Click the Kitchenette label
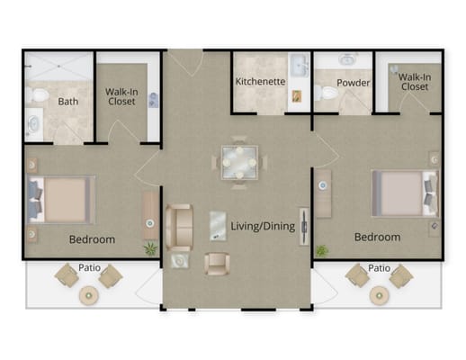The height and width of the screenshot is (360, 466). (x=260, y=81)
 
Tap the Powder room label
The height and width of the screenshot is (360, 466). (x=353, y=83)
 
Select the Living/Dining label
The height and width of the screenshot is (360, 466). (x=263, y=226)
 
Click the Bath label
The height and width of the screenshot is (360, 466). (x=68, y=102)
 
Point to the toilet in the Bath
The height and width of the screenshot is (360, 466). (x=37, y=95)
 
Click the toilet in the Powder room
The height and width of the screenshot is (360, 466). (x=326, y=93)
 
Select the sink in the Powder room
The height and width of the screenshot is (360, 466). (x=348, y=59)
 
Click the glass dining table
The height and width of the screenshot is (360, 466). (x=239, y=163)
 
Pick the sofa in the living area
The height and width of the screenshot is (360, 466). (x=179, y=228)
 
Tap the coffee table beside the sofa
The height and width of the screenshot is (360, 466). (x=218, y=226)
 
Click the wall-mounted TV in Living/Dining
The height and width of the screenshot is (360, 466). (x=304, y=227)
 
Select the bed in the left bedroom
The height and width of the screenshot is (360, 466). (x=62, y=200)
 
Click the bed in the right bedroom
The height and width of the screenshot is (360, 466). (x=405, y=193)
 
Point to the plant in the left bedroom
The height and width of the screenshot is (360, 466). (x=150, y=248)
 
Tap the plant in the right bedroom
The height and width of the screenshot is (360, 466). (x=322, y=251)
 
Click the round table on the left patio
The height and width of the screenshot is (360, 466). (x=89, y=296)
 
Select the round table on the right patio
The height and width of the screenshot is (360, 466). (x=380, y=295)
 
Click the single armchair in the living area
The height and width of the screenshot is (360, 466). (x=217, y=264)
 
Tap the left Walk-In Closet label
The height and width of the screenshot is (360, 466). (x=121, y=96)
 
